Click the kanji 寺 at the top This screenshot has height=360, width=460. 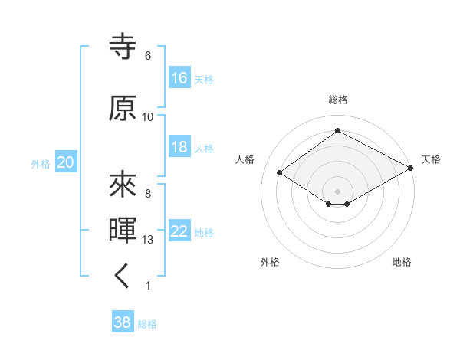[x=123, y=46]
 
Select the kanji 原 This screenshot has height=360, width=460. [x=123, y=108]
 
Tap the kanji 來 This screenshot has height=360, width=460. [x=123, y=185]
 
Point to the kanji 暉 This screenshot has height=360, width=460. [x=123, y=230]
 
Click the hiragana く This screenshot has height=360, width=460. [x=121, y=276]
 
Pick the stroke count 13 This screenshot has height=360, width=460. [x=147, y=240]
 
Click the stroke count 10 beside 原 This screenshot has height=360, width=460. [x=147, y=117]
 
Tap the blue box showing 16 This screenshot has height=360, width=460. [x=179, y=77]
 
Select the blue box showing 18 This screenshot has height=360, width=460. [x=179, y=146]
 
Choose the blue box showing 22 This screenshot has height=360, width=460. [x=179, y=230]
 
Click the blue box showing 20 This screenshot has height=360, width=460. [x=66, y=162]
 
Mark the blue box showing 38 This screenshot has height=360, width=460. [x=123, y=321]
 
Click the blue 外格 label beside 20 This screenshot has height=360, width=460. [x=41, y=164]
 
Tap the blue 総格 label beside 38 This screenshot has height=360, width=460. [x=147, y=324]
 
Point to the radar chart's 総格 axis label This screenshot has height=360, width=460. [x=338, y=100]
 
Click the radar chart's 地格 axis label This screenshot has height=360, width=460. [x=402, y=262]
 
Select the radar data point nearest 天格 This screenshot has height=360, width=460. [x=411, y=168]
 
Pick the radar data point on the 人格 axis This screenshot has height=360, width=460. [x=280, y=172]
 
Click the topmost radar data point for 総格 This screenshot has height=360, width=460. [x=337, y=130]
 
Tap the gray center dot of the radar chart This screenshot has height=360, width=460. [x=337, y=191]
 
